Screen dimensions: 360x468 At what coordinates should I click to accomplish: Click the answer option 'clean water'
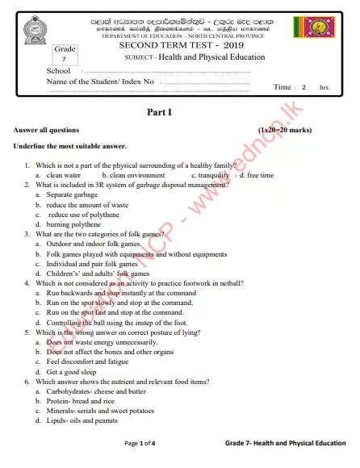click(x=63, y=175)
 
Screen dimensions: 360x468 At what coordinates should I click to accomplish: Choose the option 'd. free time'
click(x=256, y=175)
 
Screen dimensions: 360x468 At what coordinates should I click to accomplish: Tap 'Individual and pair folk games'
click(x=92, y=264)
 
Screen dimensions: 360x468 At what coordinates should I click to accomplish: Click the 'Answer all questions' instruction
click(x=46, y=130)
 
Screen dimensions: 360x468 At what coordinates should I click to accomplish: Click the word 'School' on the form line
click(x=59, y=71)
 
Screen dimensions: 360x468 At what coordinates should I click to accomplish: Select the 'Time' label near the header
click(x=283, y=87)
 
